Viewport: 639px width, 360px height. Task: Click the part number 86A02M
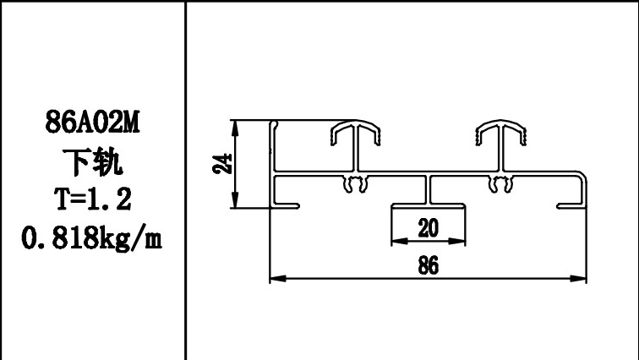(x=92, y=124)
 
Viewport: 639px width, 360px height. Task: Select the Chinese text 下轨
(x=92, y=161)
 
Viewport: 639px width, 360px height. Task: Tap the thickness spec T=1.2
(x=92, y=199)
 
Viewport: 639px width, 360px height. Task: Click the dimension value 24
(x=221, y=163)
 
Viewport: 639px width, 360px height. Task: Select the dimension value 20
(x=428, y=227)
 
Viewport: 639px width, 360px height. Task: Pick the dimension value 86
(x=428, y=265)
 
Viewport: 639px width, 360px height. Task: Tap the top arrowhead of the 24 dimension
(x=236, y=124)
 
